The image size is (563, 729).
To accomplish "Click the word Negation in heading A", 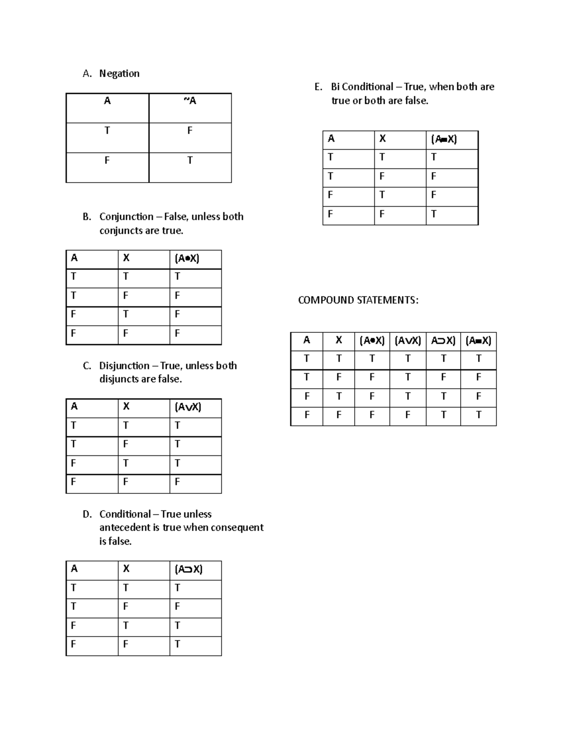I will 119,74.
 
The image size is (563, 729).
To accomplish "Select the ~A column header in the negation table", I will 190,101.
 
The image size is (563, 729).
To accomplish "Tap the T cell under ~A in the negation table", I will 190,161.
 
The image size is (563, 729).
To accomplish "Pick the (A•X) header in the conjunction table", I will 187,259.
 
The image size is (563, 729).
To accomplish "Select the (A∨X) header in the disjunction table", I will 188,407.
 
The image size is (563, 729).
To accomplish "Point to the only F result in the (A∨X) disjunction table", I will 177,482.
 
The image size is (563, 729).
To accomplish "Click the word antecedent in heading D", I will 125,528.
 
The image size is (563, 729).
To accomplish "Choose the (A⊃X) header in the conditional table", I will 189,569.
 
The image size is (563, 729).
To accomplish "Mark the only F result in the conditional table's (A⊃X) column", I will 177,606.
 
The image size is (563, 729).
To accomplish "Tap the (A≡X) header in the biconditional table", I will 444,139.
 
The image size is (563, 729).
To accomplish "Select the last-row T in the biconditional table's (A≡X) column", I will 434,214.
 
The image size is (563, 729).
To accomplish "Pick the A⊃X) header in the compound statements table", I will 443,341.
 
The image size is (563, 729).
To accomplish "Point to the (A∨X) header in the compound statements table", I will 407,341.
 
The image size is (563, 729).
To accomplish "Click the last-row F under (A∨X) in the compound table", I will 407,415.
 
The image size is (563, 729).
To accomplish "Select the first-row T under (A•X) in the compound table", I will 372,359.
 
